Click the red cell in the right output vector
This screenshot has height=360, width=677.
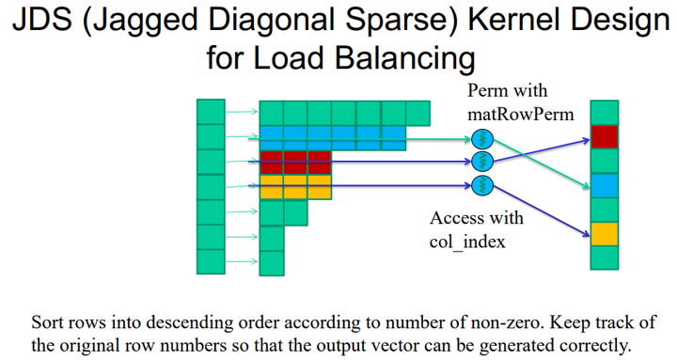click(603, 136)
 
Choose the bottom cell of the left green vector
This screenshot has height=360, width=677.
click(211, 259)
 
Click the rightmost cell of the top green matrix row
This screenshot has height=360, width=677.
click(418, 113)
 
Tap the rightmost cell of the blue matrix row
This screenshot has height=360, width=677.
click(394, 137)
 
